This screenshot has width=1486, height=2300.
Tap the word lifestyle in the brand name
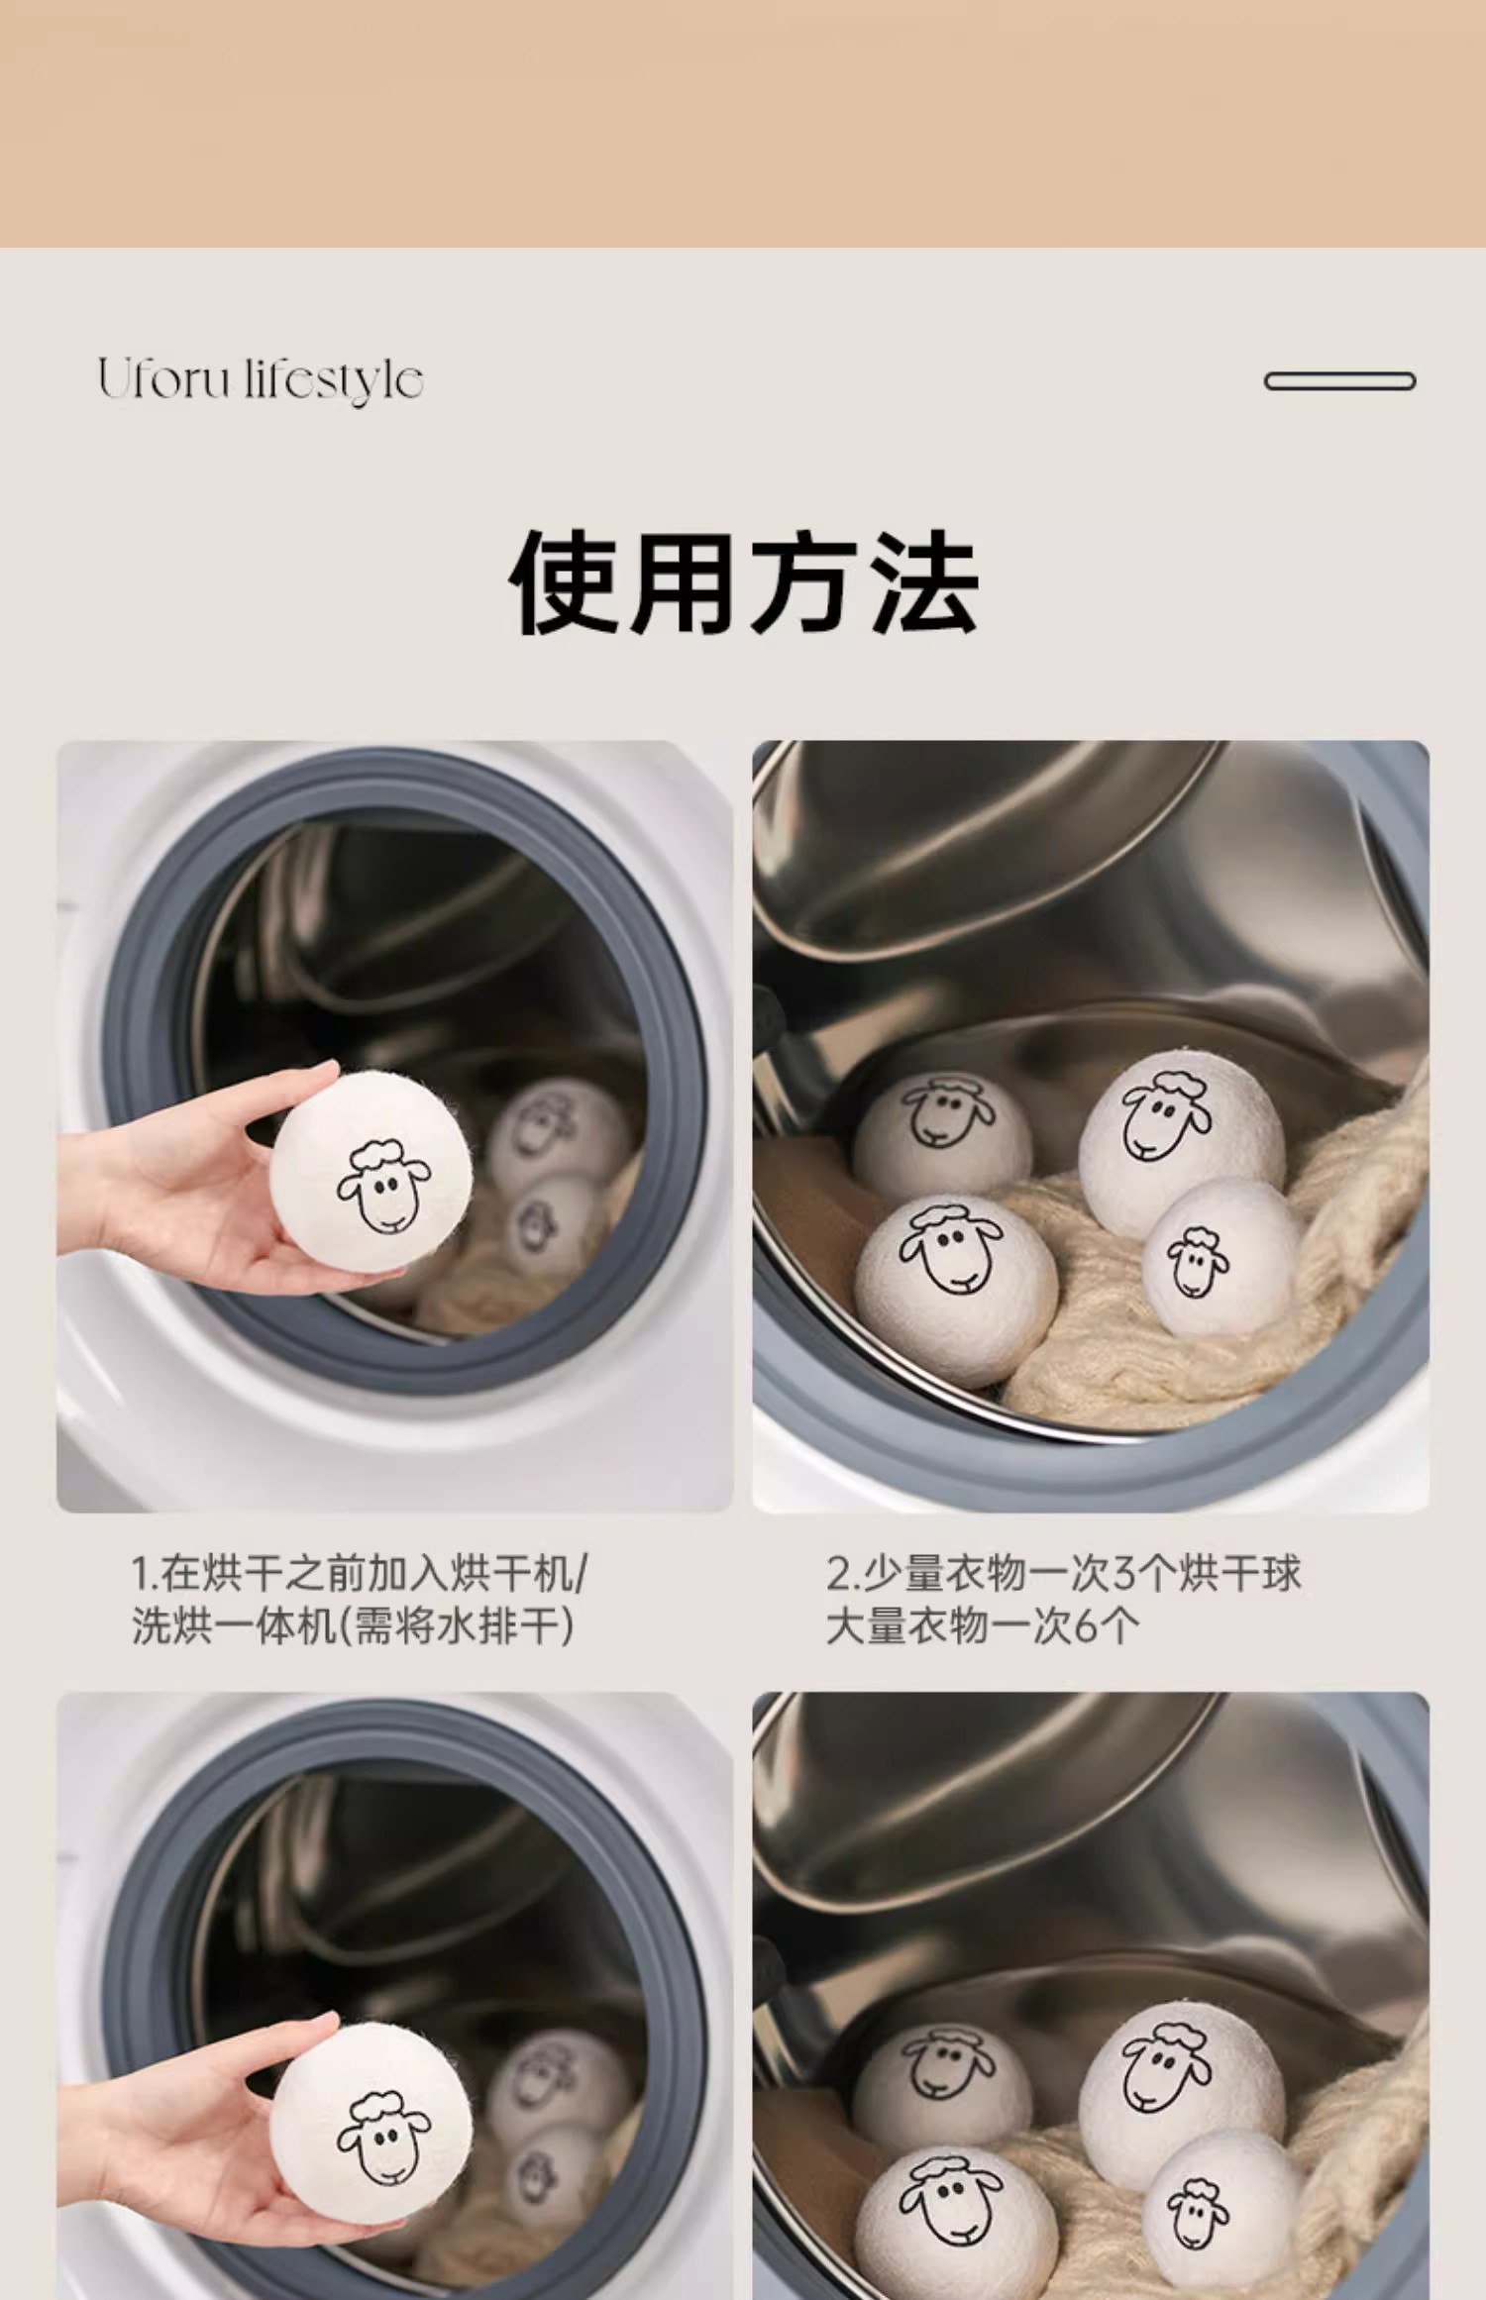coord(334,381)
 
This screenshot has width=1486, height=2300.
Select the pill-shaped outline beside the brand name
coord(1339,381)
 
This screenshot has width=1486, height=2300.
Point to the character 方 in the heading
coord(804,581)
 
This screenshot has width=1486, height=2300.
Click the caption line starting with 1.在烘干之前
coord(360,1573)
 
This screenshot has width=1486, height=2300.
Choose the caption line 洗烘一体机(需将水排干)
coord(354,1625)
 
